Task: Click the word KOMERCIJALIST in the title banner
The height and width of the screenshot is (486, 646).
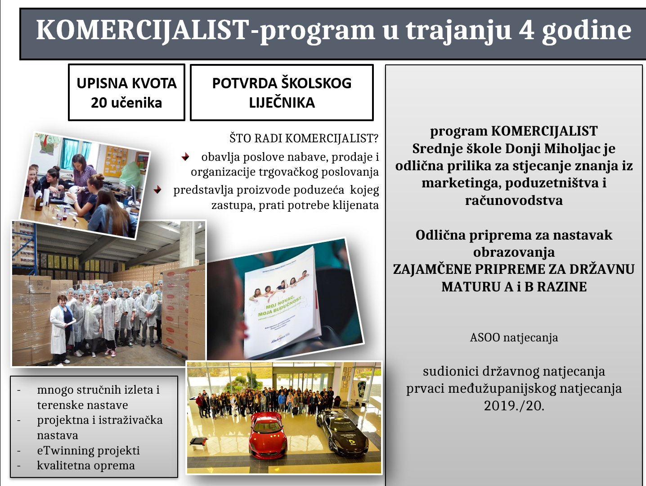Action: click(x=143, y=31)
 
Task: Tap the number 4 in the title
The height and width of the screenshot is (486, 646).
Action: click(x=526, y=30)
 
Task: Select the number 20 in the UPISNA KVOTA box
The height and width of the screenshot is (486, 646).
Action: click(x=99, y=103)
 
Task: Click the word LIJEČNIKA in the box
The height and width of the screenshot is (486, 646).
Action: click(x=282, y=103)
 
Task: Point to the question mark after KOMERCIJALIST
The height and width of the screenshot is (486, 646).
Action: click(x=375, y=138)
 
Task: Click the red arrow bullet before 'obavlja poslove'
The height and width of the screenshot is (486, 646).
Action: click(x=185, y=157)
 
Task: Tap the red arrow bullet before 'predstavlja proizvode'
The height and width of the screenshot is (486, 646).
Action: click(x=157, y=190)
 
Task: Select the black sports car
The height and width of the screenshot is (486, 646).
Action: click(x=342, y=436)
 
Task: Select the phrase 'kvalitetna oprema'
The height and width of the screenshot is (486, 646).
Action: click(x=86, y=466)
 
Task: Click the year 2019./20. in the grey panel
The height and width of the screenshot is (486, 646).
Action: click(x=514, y=405)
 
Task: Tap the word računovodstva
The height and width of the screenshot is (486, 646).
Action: click(x=514, y=200)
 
